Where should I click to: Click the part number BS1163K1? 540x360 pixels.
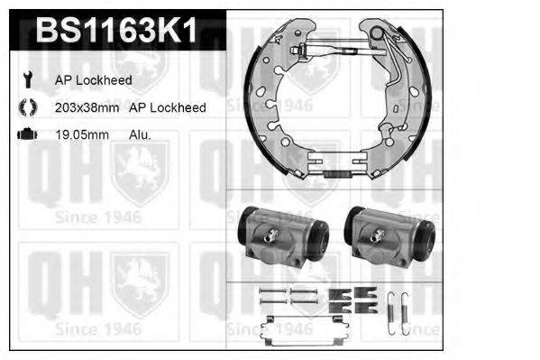116,31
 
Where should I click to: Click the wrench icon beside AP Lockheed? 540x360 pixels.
28,79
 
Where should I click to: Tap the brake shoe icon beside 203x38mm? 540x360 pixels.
28,106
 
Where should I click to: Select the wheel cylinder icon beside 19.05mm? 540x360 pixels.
28,134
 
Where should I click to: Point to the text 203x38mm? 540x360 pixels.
87,107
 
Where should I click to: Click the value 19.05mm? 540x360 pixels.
82,134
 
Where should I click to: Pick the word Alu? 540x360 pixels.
140,134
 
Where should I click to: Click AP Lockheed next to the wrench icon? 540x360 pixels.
94,80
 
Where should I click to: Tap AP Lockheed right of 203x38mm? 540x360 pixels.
168,107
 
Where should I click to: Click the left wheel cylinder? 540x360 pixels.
283,237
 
